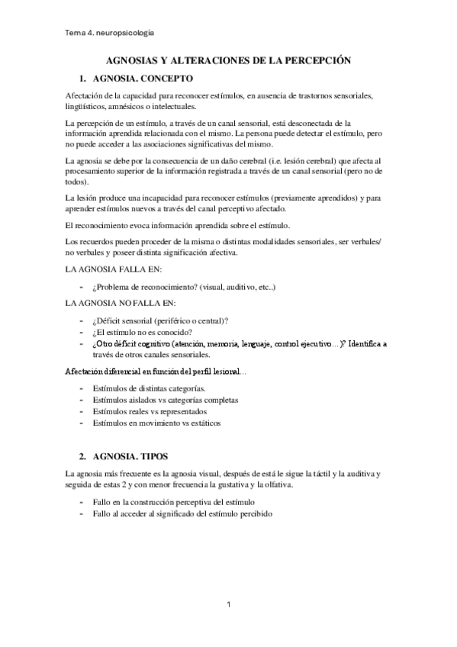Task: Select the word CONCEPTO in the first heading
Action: [x=166, y=79]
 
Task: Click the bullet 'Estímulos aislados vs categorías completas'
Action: [x=165, y=399]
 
